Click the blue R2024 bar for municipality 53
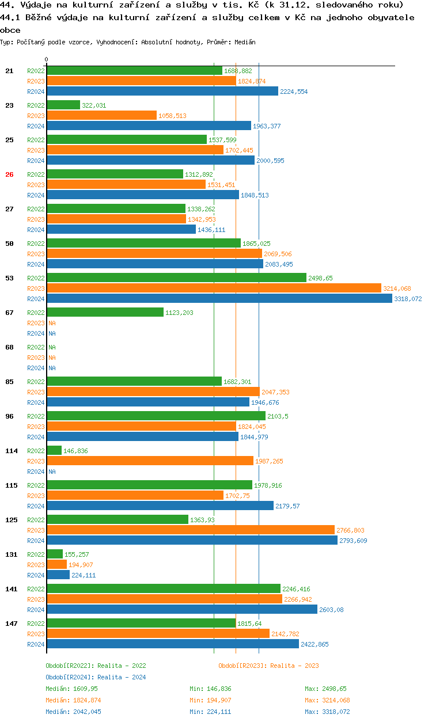tap(219, 299)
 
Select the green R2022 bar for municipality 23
tap(63, 105)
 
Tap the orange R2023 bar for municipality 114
tap(150, 461)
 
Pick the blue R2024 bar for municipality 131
tap(58, 575)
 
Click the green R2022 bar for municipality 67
tap(105, 313)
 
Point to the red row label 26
tap(9, 174)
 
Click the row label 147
tap(11, 624)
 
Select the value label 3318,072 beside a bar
tap(408, 299)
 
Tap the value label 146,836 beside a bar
tap(75, 451)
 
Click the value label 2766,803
tap(350, 531)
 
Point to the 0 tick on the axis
tap(47, 60)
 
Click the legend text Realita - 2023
tap(291, 666)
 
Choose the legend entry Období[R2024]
tap(70, 677)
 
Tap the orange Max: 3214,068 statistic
tap(327, 700)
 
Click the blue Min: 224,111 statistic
tap(213, 712)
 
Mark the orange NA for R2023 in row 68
tap(52, 358)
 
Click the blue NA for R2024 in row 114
tap(52, 472)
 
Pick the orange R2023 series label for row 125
tap(36, 530)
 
